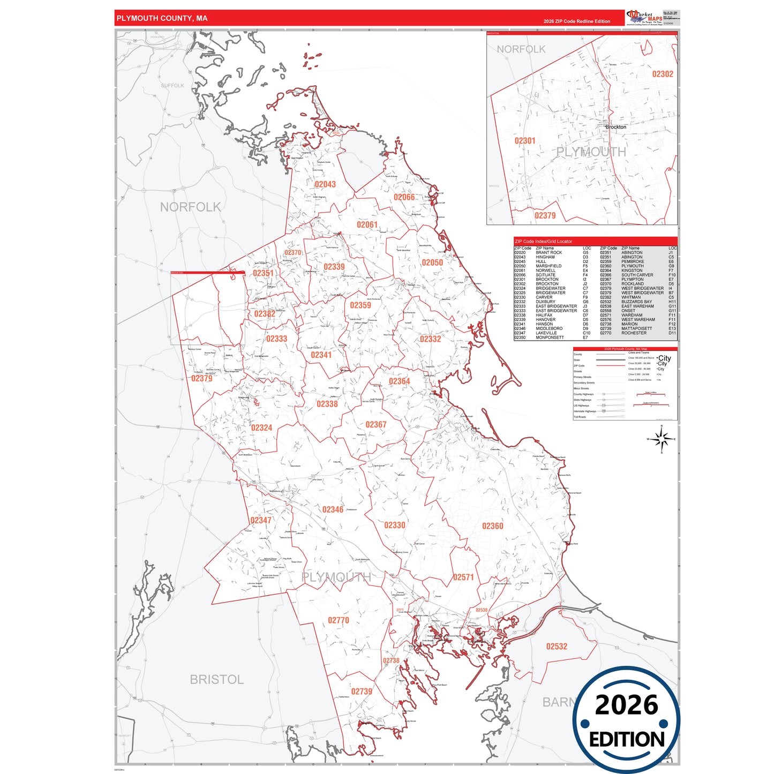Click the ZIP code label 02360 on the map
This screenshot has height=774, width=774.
[492, 526]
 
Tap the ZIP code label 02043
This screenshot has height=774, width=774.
[325, 184]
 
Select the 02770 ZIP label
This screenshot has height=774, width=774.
[339, 620]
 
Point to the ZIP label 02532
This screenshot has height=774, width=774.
[557, 647]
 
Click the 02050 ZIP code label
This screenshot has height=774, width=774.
[432, 262]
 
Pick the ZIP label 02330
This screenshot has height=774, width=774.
[395, 525]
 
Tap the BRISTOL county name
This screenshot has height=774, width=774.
[216, 679]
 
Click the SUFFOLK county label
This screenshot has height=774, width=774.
[172, 86]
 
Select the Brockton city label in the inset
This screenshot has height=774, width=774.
[616, 127]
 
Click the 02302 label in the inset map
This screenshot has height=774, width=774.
[663, 74]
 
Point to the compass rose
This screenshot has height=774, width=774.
[662, 439]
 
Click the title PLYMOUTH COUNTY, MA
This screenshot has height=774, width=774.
[162, 18]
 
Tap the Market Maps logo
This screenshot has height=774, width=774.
[644, 17]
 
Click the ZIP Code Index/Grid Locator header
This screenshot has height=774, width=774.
[543, 242]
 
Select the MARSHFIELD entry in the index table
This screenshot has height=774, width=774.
[548, 266]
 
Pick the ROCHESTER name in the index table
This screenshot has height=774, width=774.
[634, 333]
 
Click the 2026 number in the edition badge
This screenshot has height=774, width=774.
[626, 705]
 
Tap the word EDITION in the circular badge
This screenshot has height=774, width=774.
[626, 740]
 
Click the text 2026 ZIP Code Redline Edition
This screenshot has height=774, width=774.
[576, 21]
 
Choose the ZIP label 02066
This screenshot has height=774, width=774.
[404, 197]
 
